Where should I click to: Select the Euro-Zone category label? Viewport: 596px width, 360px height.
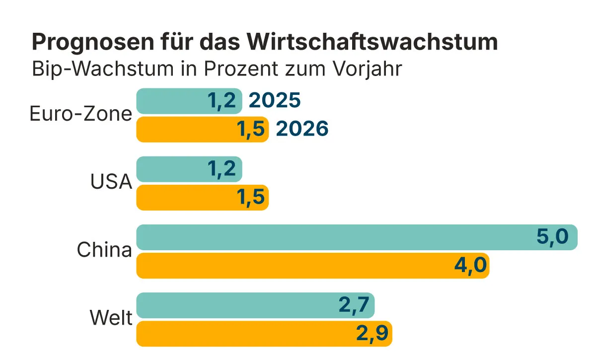81,115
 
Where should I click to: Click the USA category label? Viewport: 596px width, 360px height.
111,183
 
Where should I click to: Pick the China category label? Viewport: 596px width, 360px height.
104,250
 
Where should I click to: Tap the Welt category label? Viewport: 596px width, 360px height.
111,318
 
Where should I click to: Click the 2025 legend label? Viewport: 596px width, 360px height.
275,101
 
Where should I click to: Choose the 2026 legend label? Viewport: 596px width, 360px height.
302,129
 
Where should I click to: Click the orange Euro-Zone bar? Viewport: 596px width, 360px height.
184,129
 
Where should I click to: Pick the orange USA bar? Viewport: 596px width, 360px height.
184,197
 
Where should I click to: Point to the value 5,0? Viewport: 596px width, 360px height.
552,237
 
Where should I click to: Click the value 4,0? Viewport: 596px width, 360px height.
470,265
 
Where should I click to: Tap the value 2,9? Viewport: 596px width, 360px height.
372,333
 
